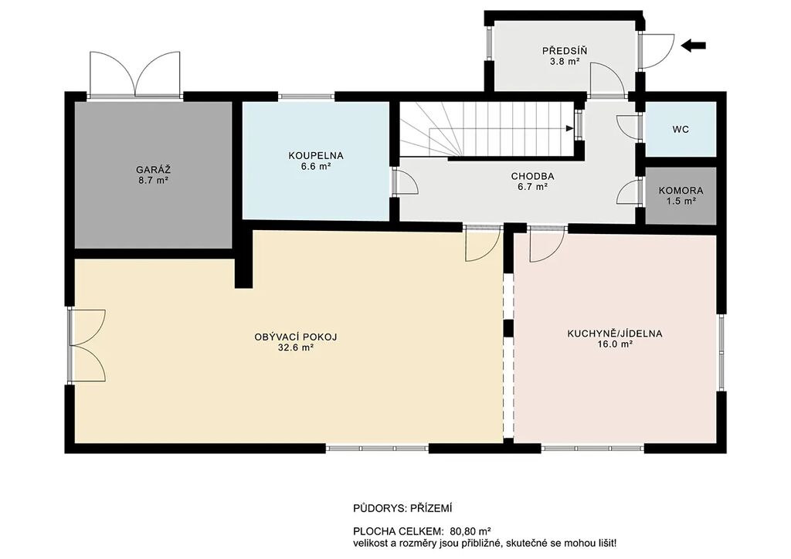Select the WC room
pyautogui.click(x=681, y=129)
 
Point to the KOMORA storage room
pyautogui.click(x=681, y=195)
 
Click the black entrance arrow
pyautogui.click(x=693, y=46)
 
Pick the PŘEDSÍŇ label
pyautogui.click(x=565, y=51)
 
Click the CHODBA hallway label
pyautogui.click(x=532, y=176)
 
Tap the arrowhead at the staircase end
pyautogui.click(x=570, y=128)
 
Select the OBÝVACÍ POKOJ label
pyautogui.click(x=296, y=337)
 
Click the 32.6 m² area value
pyautogui.click(x=296, y=347)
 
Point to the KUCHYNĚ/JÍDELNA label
pyautogui.click(x=614, y=334)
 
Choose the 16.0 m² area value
pyautogui.click(x=614, y=345)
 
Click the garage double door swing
pyautogui.click(x=134, y=73)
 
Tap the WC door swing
pyautogui.click(x=628, y=127)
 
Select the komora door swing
pyautogui.click(x=628, y=192)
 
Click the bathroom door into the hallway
pyautogui.click(x=406, y=182)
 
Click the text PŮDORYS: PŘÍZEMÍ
pyautogui.click(x=402, y=509)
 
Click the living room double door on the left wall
pyautogui.click(x=88, y=345)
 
